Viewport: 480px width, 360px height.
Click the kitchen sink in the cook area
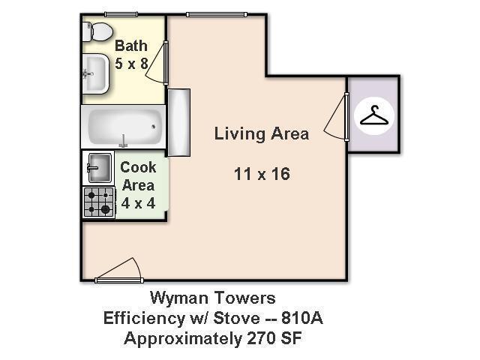click(99, 166)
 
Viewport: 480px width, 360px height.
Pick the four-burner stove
click(98, 201)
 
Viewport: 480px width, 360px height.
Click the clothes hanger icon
click(374, 116)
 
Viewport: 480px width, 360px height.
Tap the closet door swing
click(335, 120)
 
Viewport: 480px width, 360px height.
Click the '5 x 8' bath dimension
click(131, 64)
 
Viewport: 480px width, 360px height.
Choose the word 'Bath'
click(130, 46)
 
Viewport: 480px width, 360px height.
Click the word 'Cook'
click(138, 167)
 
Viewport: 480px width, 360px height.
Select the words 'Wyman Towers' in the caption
click(213, 298)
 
